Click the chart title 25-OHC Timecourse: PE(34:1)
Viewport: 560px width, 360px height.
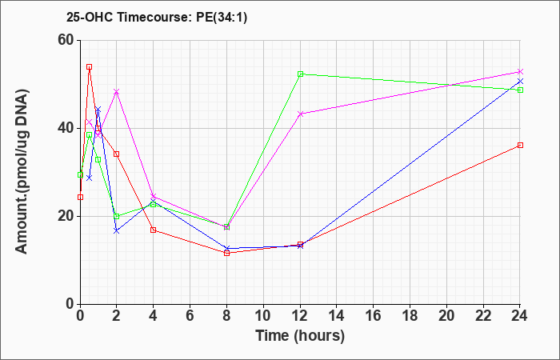(157, 18)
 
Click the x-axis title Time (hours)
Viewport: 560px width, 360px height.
(300, 336)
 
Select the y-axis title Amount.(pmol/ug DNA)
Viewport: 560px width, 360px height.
(22, 172)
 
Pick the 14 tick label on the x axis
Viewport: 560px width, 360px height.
(337, 315)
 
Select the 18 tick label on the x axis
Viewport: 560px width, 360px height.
(410, 315)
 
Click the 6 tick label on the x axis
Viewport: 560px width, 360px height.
(190, 315)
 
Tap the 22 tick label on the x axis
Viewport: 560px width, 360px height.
(483, 315)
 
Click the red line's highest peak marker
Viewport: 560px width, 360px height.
(90, 66)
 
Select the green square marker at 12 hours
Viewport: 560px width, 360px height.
(300, 74)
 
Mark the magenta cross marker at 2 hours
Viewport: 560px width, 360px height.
(117, 92)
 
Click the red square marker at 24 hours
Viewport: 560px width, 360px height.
(520, 145)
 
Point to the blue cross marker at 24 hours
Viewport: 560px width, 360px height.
(520, 82)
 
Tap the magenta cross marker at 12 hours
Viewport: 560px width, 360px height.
(300, 114)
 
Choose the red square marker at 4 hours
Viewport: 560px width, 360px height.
(154, 230)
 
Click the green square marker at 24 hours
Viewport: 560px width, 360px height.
(520, 90)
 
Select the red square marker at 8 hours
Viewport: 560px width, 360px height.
(226, 253)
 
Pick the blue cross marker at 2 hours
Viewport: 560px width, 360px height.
(117, 230)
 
